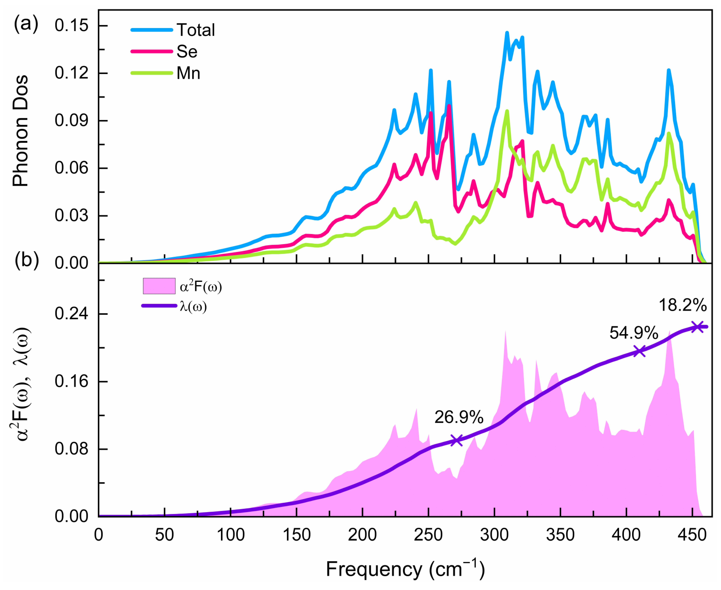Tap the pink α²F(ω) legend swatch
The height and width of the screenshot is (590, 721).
tap(159, 286)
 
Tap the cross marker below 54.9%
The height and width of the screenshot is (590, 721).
tap(640, 351)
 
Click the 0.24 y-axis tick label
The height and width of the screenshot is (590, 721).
tap(71, 314)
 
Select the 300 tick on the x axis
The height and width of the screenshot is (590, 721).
tap(494, 535)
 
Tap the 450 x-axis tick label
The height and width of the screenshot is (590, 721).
tap(692, 535)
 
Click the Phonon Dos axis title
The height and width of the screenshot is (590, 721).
tap(20, 131)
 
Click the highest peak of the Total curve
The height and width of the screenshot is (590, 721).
tap(507, 33)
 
